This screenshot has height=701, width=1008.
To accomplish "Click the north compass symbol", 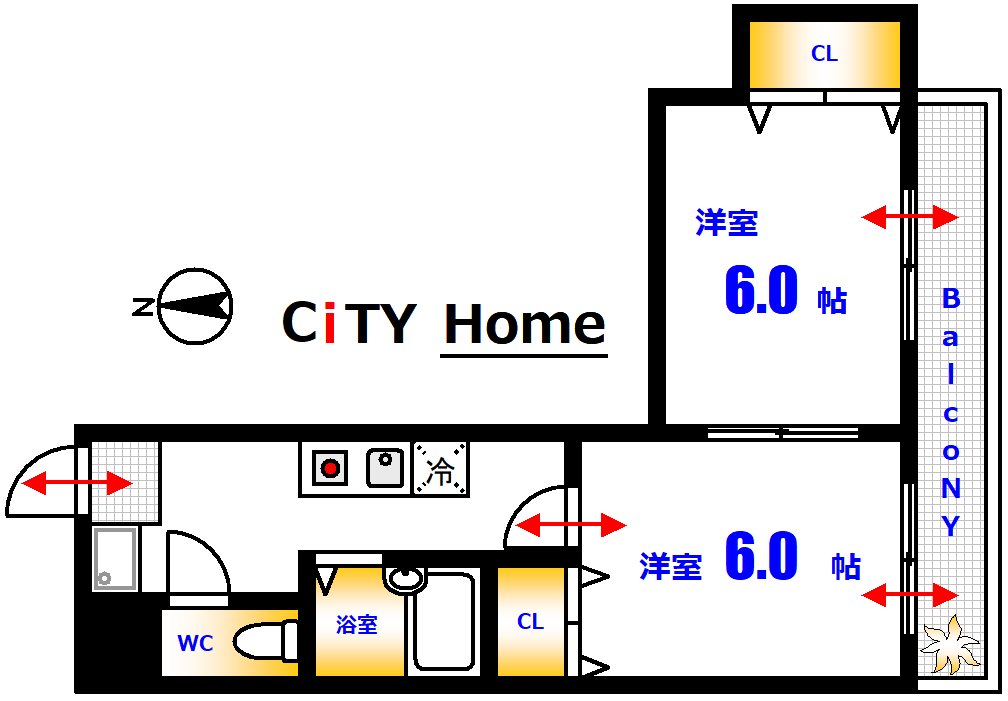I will click(x=196, y=306).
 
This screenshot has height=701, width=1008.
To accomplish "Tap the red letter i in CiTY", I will click(x=331, y=322).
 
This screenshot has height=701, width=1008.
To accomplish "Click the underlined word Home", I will click(x=524, y=324).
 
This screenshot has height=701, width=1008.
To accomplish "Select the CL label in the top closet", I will click(x=824, y=55).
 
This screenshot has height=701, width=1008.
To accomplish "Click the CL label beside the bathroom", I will click(x=530, y=622).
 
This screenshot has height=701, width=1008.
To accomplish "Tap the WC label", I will click(x=195, y=644).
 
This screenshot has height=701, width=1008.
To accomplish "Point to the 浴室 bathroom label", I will click(x=356, y=626).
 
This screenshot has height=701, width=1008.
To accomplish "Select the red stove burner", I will click(x=329, y=467).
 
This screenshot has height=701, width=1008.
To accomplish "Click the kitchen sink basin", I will click(x=385, y=467).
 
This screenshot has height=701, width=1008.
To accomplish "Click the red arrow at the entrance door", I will click(x=77, y=485).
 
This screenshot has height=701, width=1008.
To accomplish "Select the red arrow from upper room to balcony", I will click(x=910, y=216).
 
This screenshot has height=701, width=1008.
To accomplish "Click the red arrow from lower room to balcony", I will click(x=910, y=596).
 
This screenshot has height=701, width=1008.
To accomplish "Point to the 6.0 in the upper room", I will click(x=761, y=293).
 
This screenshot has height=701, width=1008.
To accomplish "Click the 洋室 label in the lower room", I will click(x=670, y=566).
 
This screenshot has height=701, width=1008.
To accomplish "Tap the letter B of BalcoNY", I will click(x=951, y=298).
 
